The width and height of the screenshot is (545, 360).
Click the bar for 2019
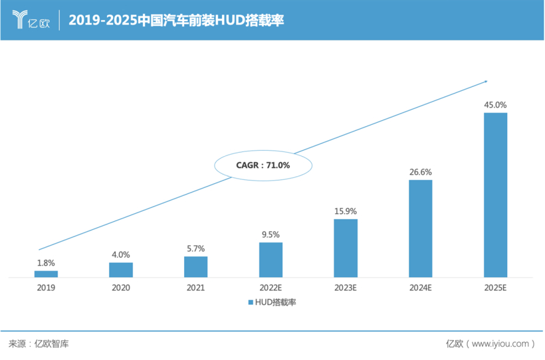(46, 274)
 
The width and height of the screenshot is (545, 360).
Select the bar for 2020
(121, 270)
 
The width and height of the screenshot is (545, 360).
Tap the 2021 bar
(195, 266)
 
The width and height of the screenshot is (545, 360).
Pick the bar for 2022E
(271, 260)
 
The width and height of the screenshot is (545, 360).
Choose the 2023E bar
(346, 248)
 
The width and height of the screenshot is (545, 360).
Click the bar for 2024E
(420, 228)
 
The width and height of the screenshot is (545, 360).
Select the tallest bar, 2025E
(495, 195)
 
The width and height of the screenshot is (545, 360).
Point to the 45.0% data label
(495, 104)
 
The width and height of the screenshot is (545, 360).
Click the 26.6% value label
(420, 171)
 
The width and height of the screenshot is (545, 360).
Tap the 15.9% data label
(346, 211)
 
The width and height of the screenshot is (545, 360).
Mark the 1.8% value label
(46, 262)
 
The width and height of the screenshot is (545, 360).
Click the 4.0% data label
(121, 254)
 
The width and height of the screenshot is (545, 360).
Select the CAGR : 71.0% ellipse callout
(263, 165)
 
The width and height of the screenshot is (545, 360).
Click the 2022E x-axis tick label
(271, 288)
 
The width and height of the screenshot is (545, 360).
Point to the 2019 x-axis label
(46, 288)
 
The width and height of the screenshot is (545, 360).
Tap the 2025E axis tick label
(495, 288)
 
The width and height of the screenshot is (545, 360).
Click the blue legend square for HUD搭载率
(251, 302)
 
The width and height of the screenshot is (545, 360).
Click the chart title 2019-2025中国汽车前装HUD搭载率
(177, 21)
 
